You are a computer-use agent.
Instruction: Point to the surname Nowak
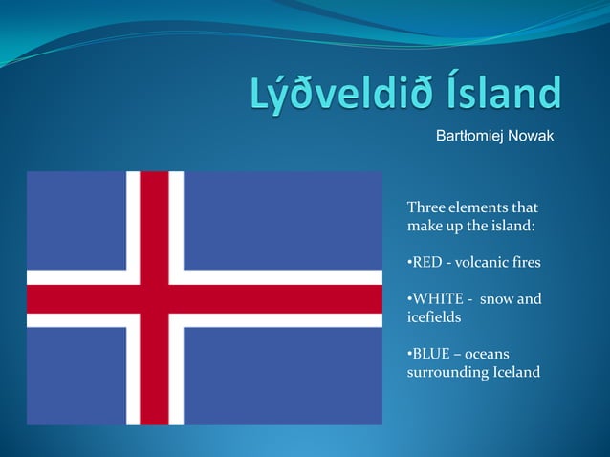(533, 140)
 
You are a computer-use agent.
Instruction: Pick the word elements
(478, 207)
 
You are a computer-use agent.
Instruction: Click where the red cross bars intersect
(154, 298)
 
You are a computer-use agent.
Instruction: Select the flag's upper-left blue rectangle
(76, 220)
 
